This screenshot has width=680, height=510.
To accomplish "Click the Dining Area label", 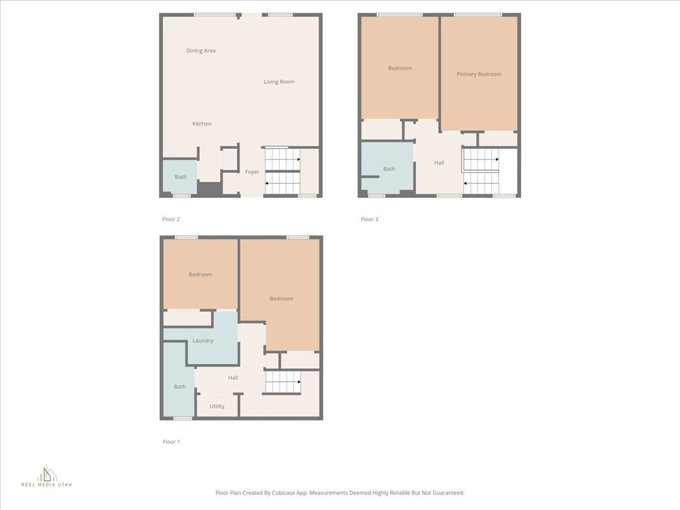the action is (x=201, y=50).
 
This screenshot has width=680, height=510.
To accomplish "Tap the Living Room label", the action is (x=279, y=82).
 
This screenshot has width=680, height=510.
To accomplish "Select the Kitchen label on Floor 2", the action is (x=202, y=124).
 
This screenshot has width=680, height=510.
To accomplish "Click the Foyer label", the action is (x=252, y=172).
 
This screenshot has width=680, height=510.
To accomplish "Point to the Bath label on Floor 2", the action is (x=181, y=177).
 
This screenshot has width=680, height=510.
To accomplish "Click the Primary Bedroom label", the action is (x=479, y=74).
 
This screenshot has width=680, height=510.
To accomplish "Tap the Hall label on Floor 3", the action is (x=439, y=163).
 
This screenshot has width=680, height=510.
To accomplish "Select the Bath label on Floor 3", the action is (x=388, y=169).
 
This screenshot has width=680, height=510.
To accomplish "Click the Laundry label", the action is (x=203, y=341).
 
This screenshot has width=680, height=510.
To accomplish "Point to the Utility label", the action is (x=217, y=406).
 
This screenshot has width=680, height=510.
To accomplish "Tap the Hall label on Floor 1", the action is (x=233, y=378).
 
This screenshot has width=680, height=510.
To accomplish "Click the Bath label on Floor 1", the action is (x=179, y=387).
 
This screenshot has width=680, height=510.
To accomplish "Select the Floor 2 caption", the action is (x=171, y=219).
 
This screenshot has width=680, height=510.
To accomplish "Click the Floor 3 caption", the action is (x=369, y=219).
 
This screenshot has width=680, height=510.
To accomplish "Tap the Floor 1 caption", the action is (x=171, y=442).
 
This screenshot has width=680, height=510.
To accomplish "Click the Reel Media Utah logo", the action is (x=47, y=476).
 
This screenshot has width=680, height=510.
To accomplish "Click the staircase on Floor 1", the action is (x=283, y=382).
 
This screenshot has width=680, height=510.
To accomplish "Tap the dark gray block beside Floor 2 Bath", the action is (x=210, y=188).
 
